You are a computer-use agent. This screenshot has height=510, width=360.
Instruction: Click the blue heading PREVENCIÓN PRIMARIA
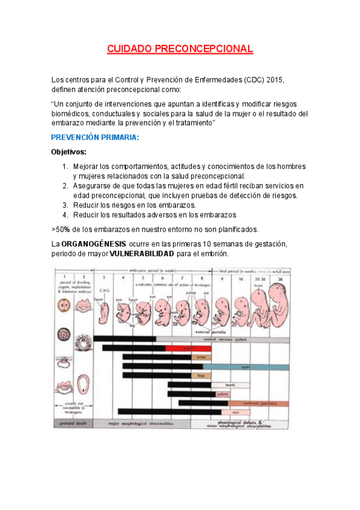[95, 138]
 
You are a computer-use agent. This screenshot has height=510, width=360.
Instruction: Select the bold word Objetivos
[69, 152]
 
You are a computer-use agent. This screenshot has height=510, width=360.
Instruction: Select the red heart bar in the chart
[188, 348]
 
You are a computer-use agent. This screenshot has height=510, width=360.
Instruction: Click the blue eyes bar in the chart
[246, 366]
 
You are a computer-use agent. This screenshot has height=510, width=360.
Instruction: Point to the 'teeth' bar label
[230, 384]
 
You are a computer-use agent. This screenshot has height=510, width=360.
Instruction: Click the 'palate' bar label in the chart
[222, 394]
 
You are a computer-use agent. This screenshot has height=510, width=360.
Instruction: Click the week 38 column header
[280, 278]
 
